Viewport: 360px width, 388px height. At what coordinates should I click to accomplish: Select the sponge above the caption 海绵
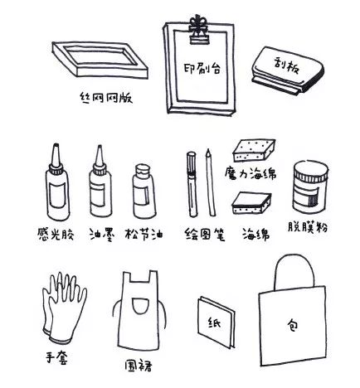click(x=251, y=202)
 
